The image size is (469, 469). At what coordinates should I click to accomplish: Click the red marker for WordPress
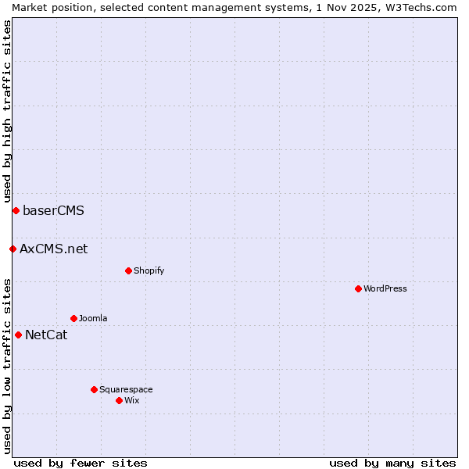pyautogui.click(x=358, y=288)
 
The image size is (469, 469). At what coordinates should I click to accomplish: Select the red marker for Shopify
pyautogui.click(x=128, y=270)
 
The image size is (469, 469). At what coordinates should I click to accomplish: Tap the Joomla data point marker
pyautogui.click(x=73, y=318)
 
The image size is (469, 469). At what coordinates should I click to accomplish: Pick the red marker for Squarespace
pyautogui.click(x=94, y=389)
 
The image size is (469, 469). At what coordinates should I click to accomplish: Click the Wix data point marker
pyautogui.click(x=119, y=400)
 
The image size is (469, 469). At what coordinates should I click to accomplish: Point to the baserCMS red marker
pyautogui.click(x=16, y=210)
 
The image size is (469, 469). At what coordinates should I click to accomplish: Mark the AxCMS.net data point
pyautogui.click(x=13, y=249)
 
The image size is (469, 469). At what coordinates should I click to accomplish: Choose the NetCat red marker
pyautogui.click(x=18, y=335)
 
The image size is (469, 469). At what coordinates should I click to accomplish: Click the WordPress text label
pyautogui.click(x=385, y=288)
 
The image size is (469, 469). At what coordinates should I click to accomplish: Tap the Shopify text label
pyautogui.click(x=149, y=270)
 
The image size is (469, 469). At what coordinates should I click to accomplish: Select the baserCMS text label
pyautogui.click(x=53, y=210)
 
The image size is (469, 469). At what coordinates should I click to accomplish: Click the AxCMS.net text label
pyautogui.click(x=54, y=249)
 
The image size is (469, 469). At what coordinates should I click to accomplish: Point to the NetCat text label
pyautogui.click(x=46, y=335)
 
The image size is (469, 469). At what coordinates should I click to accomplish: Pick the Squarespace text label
pyautogui.click(x=126, y=389)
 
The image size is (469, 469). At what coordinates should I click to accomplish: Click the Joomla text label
pyautogui.click(x=93, y=318)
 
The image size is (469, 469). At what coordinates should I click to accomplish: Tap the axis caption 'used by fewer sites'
pyautogui.click(x=81, y=463)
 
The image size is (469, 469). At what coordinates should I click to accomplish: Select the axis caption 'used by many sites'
pyautogui.click(x=392, y=463)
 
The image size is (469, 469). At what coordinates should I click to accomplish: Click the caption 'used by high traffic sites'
pyautogui.click(x=7, y=111)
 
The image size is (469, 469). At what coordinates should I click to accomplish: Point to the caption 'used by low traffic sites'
pyautogui.click(x=7, y=365)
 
